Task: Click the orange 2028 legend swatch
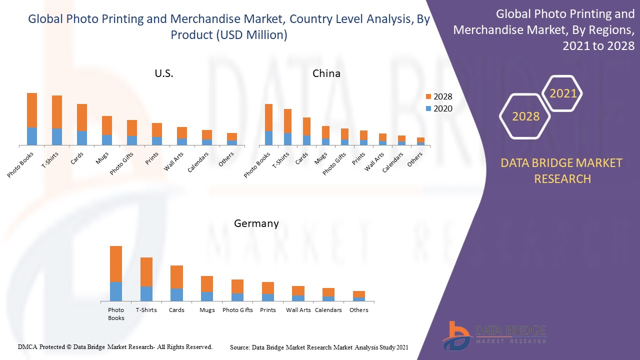tap(428, 96)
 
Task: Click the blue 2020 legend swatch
tap(428, 108)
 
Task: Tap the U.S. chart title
tap(164, 73)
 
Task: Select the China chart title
tap(326, 73)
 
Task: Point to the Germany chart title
tap(256, 223)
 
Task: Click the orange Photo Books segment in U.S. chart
tap(32, 110)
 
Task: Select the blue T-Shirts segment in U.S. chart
tap(57, 136)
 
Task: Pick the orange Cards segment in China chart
tap(306, 126)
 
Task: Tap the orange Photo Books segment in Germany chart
tap(116, 264)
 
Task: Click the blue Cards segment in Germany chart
tap(176, 294)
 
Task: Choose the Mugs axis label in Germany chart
tap(207, 310)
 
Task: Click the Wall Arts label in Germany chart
tap(298, 310)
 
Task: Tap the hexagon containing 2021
tap(563, 93)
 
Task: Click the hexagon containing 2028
tap(525, 116)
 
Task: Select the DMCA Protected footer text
tap(115, 346)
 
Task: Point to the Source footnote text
tap(319, 347)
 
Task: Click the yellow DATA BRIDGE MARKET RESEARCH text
tap(562, 170)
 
